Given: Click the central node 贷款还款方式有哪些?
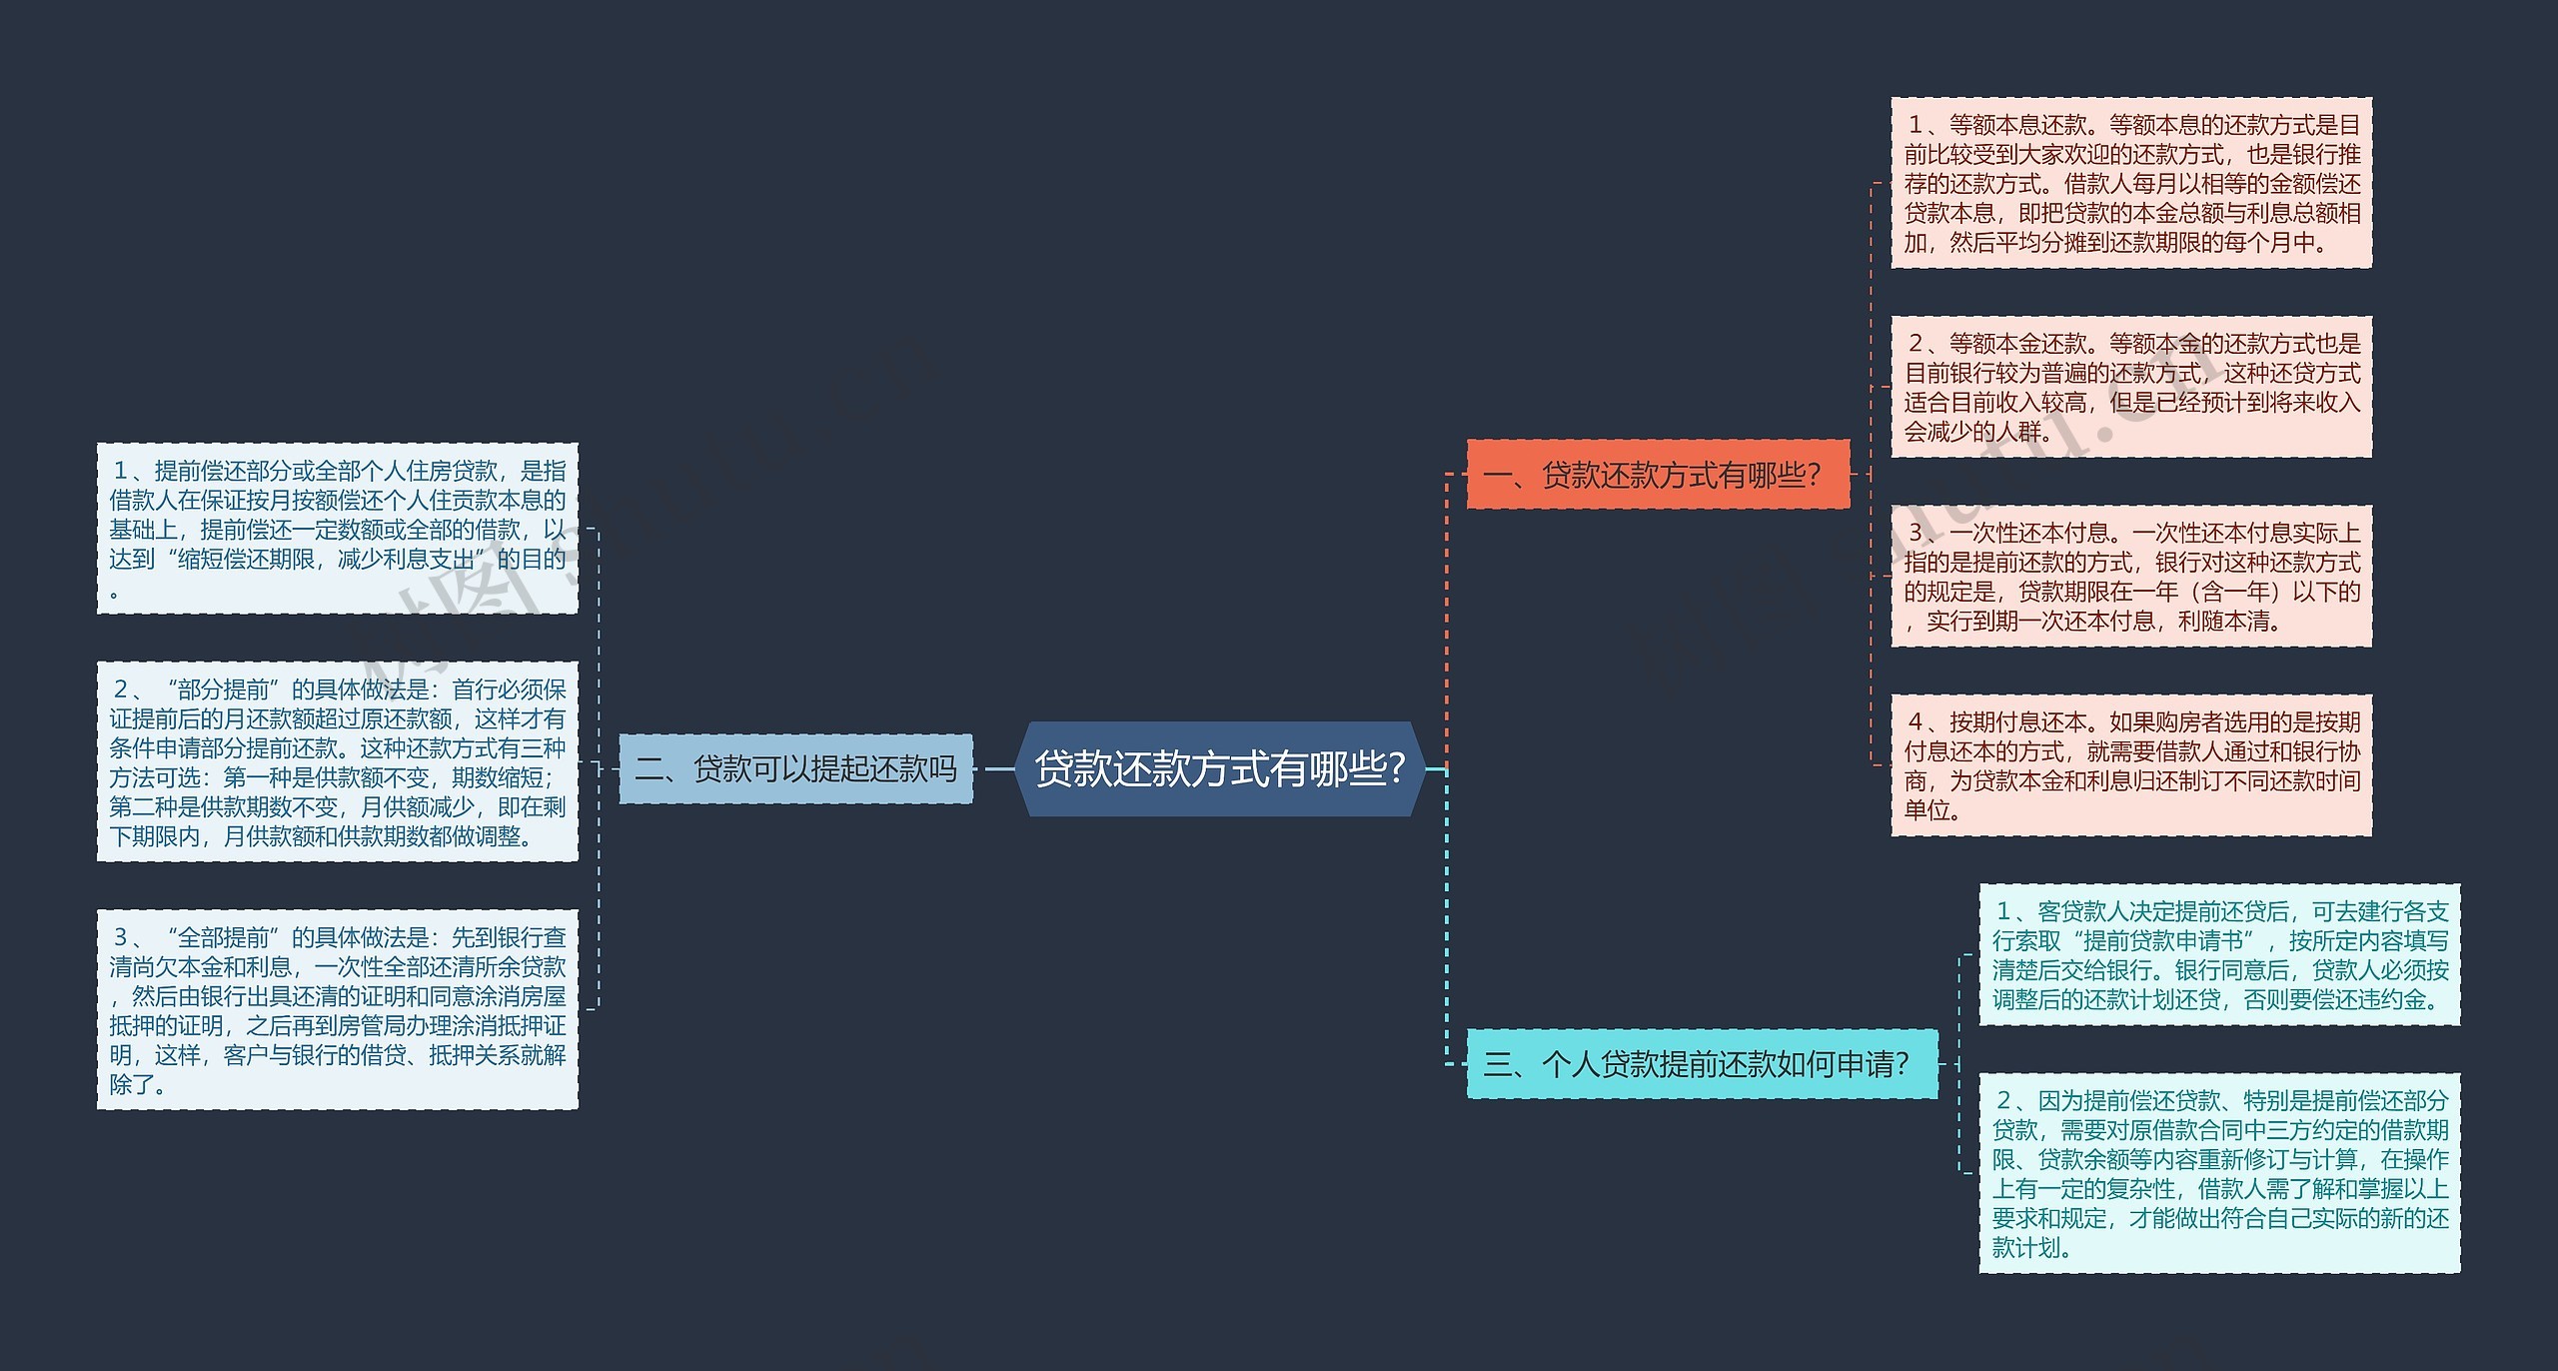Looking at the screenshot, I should pyautogui.click(x=1219, y=768).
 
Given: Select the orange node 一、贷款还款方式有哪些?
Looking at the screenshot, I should pyautogui.click(x=1658, y=475).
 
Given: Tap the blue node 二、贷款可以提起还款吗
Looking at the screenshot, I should pyautogui.click(x=795, y=768).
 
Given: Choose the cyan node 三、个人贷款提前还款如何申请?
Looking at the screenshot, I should pyautogui.click(x=1701, y=1064).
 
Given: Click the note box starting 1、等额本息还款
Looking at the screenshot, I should pyautogui.click(x=2130, y=183).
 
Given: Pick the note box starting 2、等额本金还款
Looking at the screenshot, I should pyautogui.click(x=2130, y=387).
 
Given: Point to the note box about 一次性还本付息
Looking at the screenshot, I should pyautogui.click(x=2130, y=576).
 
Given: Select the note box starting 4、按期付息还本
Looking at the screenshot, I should pyautogui.click(x=2130, y=764).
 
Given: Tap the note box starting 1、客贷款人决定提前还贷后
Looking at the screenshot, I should pyautogui.click(x=2219, y=954).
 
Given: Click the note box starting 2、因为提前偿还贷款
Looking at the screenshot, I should pyautogui.click(x=2219, y=1173).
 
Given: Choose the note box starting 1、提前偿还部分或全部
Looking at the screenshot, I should pyautogui.click(x=338, y=529).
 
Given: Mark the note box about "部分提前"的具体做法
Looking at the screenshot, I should pyautogui.click(x=338, y=761).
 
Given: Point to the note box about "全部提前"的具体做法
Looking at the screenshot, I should pyautogui.click(x=338, y=1009).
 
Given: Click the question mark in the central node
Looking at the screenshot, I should pyautogui.click(x=1395, y=768).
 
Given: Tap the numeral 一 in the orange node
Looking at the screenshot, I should pyautogui.click(x=1498, y=476).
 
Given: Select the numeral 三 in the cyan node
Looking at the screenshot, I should pyautogui.click(x=1498, y=1065).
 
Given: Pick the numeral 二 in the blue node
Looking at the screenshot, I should pyautogui.click(x=650, y=769).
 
